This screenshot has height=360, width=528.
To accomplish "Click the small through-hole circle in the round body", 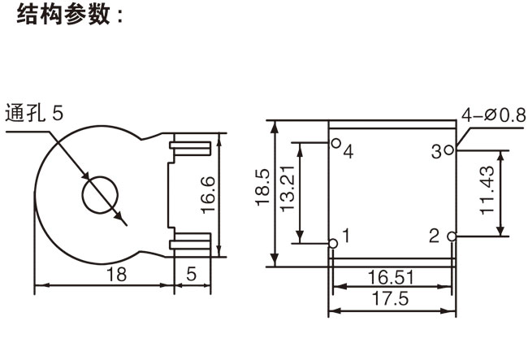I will point(99,195).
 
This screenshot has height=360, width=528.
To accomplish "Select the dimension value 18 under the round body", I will point(117,275).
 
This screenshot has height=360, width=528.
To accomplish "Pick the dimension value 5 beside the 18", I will point(191,275).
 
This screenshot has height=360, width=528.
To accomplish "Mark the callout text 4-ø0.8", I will point(492,115).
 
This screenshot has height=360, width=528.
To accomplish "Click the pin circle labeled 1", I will point(333,243).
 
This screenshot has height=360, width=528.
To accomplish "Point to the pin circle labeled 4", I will point(335,143).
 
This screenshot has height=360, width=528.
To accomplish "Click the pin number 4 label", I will point(348,152).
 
